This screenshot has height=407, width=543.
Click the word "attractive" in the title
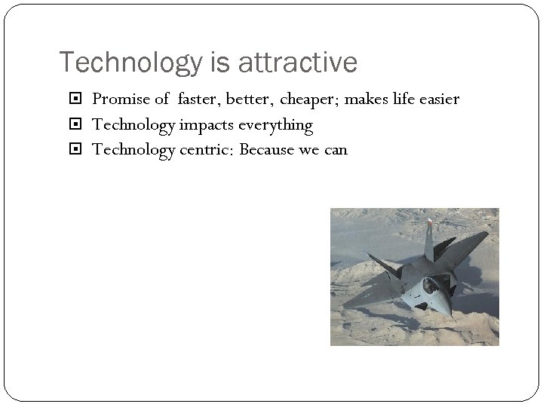pyautogui.click(x=297, y=63)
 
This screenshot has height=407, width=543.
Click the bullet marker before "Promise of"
pyautogui.click(x=81, y=100)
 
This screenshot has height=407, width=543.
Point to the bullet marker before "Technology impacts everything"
pyautogui.click(x=81, y=125)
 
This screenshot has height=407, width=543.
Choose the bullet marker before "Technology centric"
pyautogui.click(x=81, y=150)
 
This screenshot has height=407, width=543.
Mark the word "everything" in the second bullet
pyautogui.click(x=275, y=124)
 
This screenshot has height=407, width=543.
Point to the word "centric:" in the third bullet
pyautogui.click(x=207, y=149)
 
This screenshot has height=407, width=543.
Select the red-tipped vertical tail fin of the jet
pyautogui.click(x=428, y=237)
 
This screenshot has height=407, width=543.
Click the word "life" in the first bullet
pyautogui.click(x=400, y=99)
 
